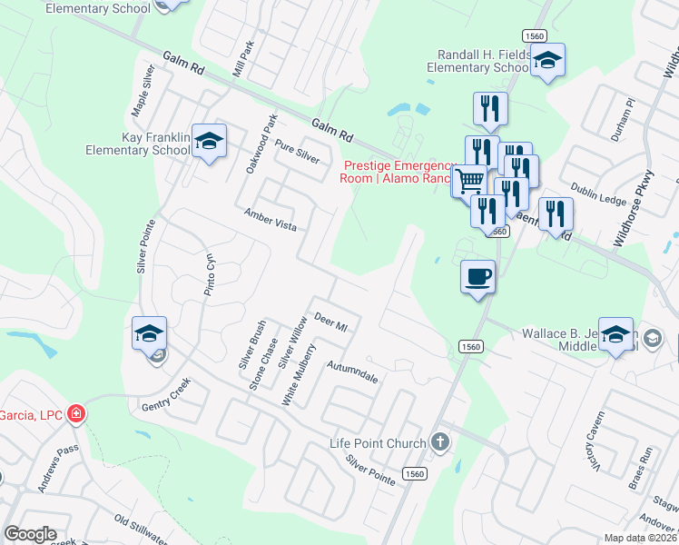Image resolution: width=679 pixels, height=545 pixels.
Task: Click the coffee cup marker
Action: pos(477,275)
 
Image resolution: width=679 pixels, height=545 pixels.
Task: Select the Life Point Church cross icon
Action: pos(440,442)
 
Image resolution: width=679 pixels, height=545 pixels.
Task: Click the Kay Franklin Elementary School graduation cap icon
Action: pos(209,141)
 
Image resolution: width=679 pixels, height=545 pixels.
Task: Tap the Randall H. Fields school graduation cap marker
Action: pos(547,61)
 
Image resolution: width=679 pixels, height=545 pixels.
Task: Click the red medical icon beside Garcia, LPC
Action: pos(76,414)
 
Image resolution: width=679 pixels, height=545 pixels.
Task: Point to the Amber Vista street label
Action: pos(271,219)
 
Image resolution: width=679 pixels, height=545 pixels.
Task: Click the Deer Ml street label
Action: pos(330,322)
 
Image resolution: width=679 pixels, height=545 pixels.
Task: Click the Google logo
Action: pos(31,534)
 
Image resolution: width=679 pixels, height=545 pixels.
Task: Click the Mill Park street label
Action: pos(242,61)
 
